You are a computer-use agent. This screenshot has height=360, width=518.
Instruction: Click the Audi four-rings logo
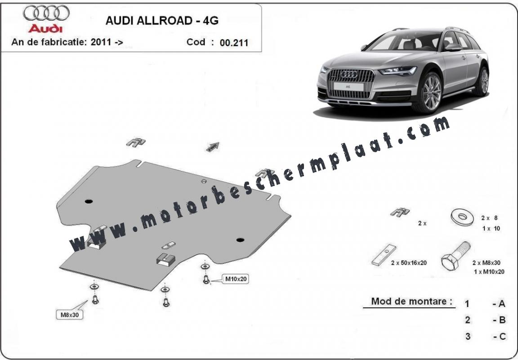click(x=46, y=13)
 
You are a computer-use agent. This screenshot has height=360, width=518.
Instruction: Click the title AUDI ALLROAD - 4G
click(x=162, y=21)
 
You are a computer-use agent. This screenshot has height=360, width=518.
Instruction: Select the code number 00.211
click(x=234, y=43)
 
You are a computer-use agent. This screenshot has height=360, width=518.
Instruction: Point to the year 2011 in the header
click(x=101, y=42)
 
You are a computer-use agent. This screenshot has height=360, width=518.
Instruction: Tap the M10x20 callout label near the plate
click(x=236, y=279)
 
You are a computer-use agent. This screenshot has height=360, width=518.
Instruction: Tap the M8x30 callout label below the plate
click(x=69, y=315)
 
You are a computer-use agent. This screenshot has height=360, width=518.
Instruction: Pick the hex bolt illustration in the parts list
click(x=455, y=256)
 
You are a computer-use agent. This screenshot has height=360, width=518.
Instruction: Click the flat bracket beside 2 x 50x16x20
click(x=384, y=255)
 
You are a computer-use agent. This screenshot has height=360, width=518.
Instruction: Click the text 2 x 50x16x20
click(x=409, y=263)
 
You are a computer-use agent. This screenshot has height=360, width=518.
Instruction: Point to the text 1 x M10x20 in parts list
click(x=489, y=272)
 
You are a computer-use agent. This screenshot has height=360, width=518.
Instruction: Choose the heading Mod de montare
click(x=411, y=301)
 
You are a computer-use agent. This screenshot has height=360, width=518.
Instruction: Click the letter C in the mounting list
click(x=502, y=337)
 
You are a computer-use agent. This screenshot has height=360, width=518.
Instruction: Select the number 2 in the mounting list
click(x=468, y=320)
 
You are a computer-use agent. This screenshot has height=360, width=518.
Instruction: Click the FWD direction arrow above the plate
click(x=213, y=147)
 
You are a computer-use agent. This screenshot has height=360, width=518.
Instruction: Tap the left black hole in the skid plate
click(x=89, y=201)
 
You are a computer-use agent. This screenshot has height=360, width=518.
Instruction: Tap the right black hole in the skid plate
click(x=240, y=240)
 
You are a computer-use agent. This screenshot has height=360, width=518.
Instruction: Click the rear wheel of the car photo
click(x=484, y=81)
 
